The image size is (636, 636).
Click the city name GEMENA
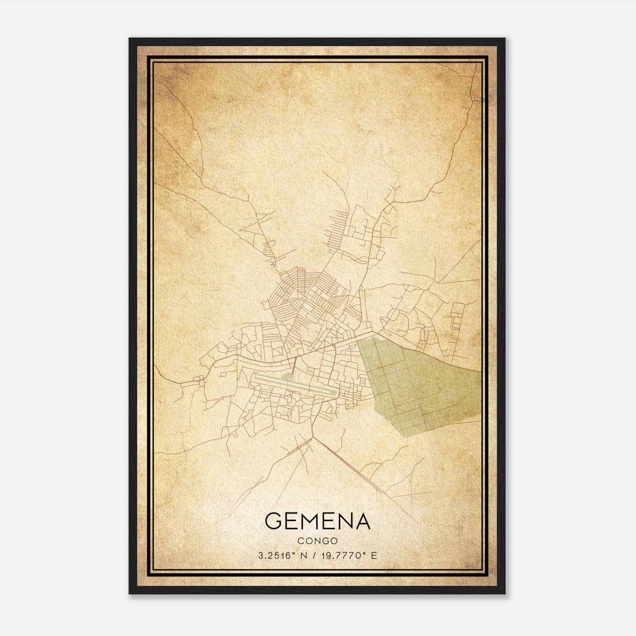coord(317,521)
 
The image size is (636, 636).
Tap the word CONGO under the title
coord(317,541)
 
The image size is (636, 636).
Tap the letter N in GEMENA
coord(344,521)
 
